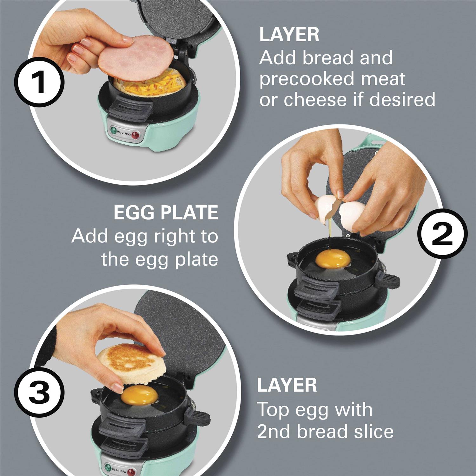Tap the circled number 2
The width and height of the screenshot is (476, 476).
click(x=444, y=235)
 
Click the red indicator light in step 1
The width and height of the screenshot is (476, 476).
click(x=136, y=136)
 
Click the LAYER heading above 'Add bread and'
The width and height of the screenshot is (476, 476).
click(x=289, y=35)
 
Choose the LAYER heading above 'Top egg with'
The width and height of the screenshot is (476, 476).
click(x=287, y=385)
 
